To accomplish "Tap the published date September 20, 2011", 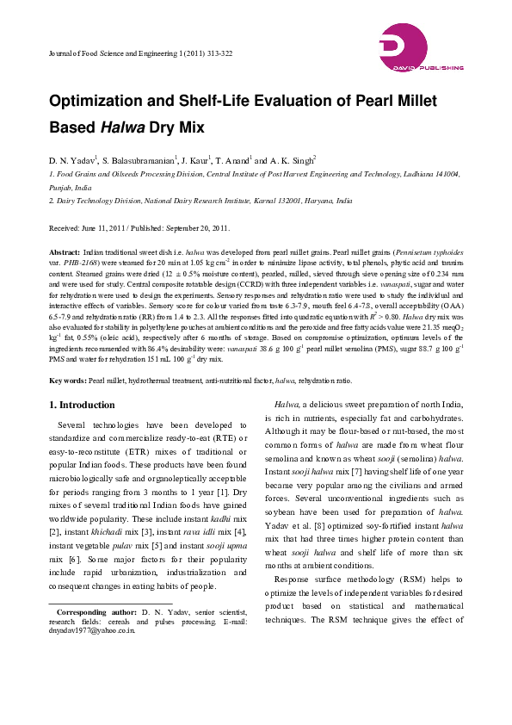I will (x=193, y=228).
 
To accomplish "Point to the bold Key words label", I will (x=67, y=380).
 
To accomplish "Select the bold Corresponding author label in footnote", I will (x=95, y=610).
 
